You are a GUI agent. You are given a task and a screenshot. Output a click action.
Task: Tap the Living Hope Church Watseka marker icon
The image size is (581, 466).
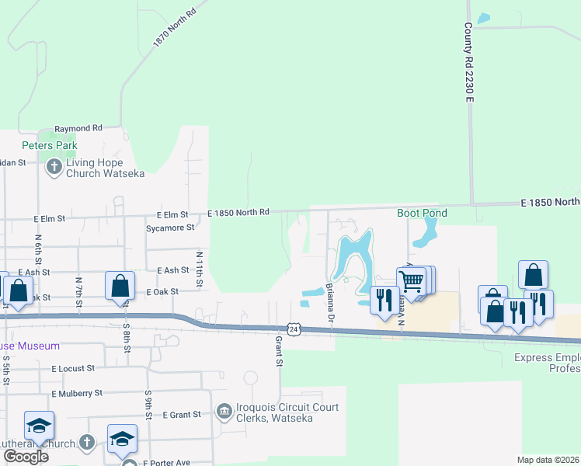(x=54, y=167)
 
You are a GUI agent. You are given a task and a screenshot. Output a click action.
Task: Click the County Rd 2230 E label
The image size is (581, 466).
(x=469, y=62)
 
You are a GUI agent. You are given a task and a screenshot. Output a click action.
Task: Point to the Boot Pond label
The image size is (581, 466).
(x=422, y=213)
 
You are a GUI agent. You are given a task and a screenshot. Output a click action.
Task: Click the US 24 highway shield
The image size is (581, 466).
(x=293, y=329)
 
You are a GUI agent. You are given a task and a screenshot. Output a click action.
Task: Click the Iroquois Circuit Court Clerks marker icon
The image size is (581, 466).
(x=224, y=410)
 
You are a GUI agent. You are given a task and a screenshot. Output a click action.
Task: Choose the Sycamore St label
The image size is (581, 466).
(x=169, y=228)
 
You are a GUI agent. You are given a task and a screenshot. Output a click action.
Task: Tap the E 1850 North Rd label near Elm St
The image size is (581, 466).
(x=238, y=212)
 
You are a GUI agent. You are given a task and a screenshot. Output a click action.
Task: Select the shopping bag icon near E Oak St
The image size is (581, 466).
(x=120, y=285)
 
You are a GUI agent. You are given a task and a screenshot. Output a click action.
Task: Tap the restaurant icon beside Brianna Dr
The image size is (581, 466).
(x=384, y=300)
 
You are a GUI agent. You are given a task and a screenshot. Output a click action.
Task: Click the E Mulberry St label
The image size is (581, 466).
(x=77, y=394)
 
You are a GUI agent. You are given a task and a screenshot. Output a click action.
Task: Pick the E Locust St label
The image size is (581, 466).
(x=74, y=368)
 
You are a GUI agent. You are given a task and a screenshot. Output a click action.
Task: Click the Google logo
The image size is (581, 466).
(x=26, y=457)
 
